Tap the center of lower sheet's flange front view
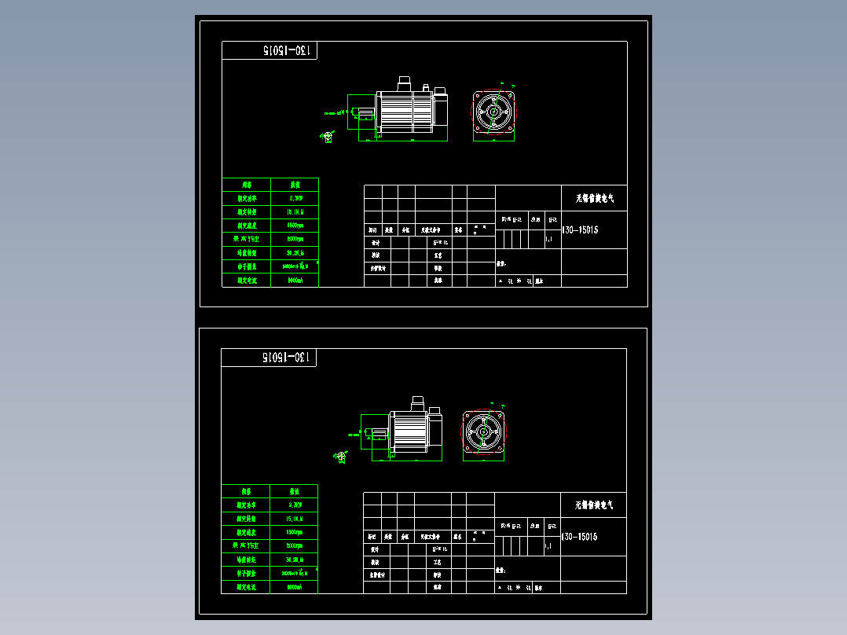click(483, 432)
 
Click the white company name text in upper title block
click(595, 199)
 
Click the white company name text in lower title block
click(594, 505)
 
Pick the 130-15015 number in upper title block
click(581, 230)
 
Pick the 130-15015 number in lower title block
click(580, 537)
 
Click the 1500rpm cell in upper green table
click(295, 226)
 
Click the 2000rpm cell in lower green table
click(295, 545)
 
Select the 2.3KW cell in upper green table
click(295, 198)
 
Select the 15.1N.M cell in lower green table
click(295, 519)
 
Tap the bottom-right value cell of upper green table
click(295, 280)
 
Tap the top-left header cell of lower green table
click(245, 491)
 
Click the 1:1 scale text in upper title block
click(548, 238)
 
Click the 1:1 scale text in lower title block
click(548, 545)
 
